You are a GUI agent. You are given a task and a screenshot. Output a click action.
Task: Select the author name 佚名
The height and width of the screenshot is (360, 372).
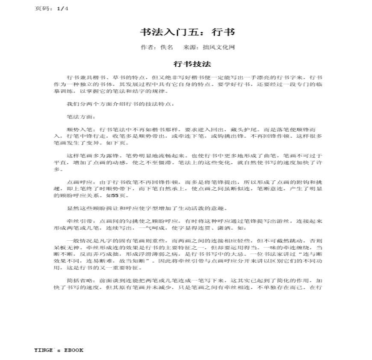[167, 47]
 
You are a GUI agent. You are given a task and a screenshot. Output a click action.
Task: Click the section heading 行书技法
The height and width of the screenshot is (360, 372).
[192, 64]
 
